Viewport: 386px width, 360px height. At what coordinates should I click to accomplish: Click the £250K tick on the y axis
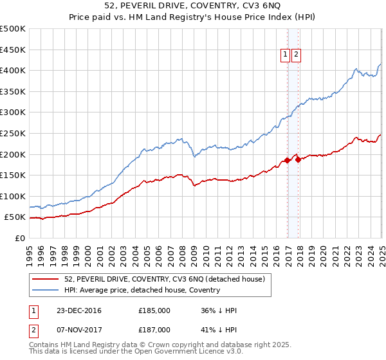[14, 133]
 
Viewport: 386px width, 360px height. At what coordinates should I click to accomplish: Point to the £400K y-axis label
[14, 70]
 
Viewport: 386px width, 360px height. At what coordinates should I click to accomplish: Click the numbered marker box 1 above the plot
[285, 55]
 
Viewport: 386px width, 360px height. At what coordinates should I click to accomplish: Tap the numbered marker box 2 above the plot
[296, 55]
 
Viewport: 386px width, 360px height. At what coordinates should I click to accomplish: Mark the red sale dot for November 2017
[298, 159]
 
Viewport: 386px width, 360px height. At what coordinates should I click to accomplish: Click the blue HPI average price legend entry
[142, 290]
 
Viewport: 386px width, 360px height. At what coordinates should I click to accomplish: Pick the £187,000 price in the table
[154, 330]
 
